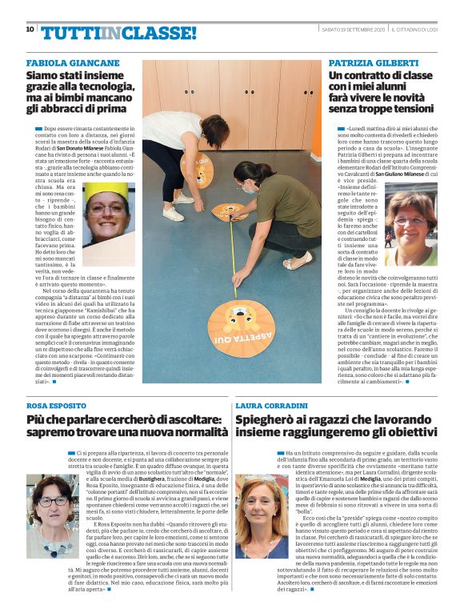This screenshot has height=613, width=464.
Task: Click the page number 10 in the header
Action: pos(30,30)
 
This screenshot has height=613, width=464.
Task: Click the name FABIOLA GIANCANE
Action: pos(73,62)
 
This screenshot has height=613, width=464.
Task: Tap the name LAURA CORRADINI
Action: pos(274,407)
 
